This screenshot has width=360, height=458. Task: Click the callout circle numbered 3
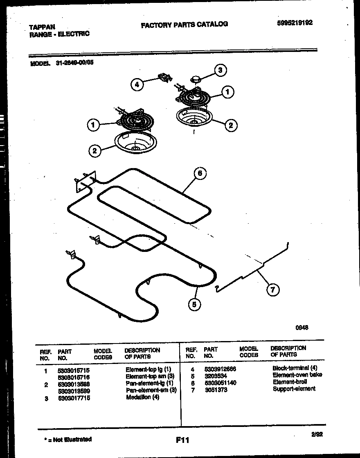click(x=220, y=70)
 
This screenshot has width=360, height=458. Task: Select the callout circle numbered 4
click(x=137, y=85)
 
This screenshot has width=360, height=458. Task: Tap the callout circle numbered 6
click(x=199, y=174)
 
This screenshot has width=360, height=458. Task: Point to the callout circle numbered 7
click(x=273, y=290)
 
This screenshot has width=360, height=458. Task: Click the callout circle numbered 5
click(x=194, y=304)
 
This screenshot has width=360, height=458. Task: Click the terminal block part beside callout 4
click(x=164, y=77)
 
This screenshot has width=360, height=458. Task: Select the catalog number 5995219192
click(x=295, y=23)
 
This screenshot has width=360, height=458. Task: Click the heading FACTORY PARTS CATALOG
click(x=184, y=25)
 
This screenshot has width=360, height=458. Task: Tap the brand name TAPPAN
click(x=42, y=27)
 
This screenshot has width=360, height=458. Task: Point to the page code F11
click(x=182, y=440)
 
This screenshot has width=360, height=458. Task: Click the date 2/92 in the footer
click(x=317, y=435)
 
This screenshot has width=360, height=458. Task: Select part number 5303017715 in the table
click(x=74, y=398)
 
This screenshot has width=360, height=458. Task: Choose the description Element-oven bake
click(x=297, y=375)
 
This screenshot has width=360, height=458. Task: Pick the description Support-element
click(x=294, y=388)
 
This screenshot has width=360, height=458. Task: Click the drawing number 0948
click(x=301, y=327)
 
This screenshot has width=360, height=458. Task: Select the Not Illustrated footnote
click(x=67, y=440)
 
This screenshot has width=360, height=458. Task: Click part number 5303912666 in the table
click(x=220, y=368)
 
